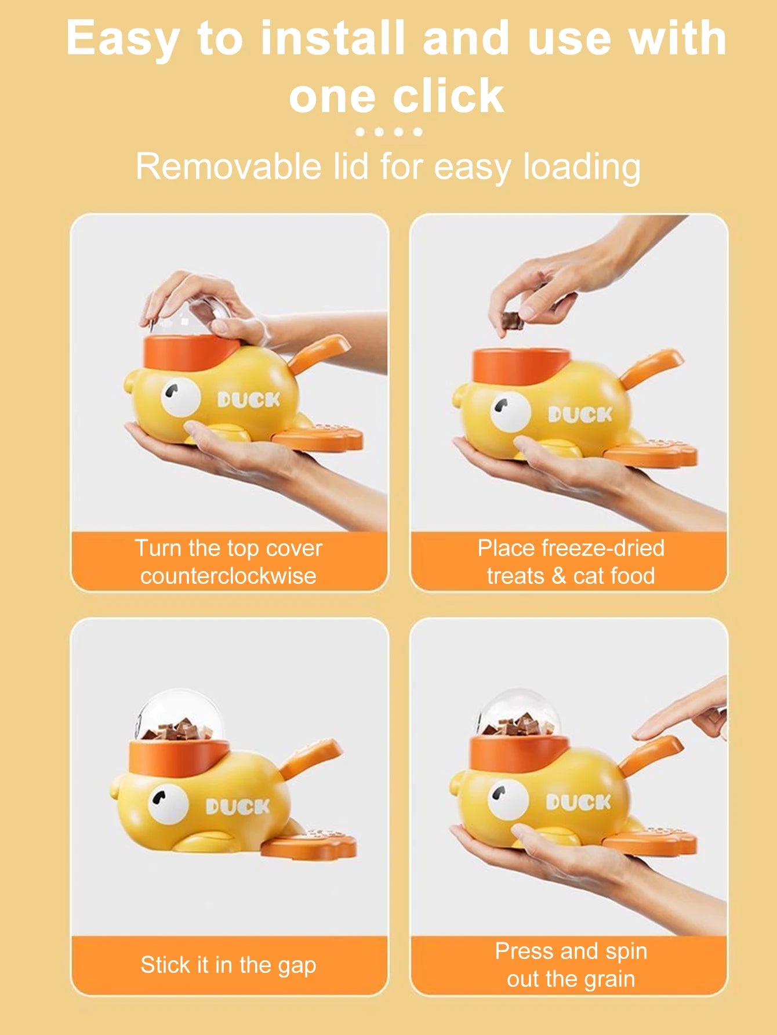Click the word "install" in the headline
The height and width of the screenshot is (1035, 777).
point(333,38)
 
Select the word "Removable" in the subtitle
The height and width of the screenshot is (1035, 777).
point(228,166)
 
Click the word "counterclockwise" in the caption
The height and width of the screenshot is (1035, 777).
point(228,576)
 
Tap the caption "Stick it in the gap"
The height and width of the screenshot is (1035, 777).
point(228,965)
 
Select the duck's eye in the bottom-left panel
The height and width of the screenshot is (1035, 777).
point(168,804)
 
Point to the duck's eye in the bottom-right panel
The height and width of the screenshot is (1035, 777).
point(508,799)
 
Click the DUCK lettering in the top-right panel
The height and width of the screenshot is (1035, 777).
point(580,415)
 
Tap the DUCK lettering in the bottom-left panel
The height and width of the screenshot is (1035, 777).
point(238,807)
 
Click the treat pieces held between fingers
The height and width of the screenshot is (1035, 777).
point(513,320)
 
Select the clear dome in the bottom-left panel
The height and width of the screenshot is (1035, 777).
point(180,716)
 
